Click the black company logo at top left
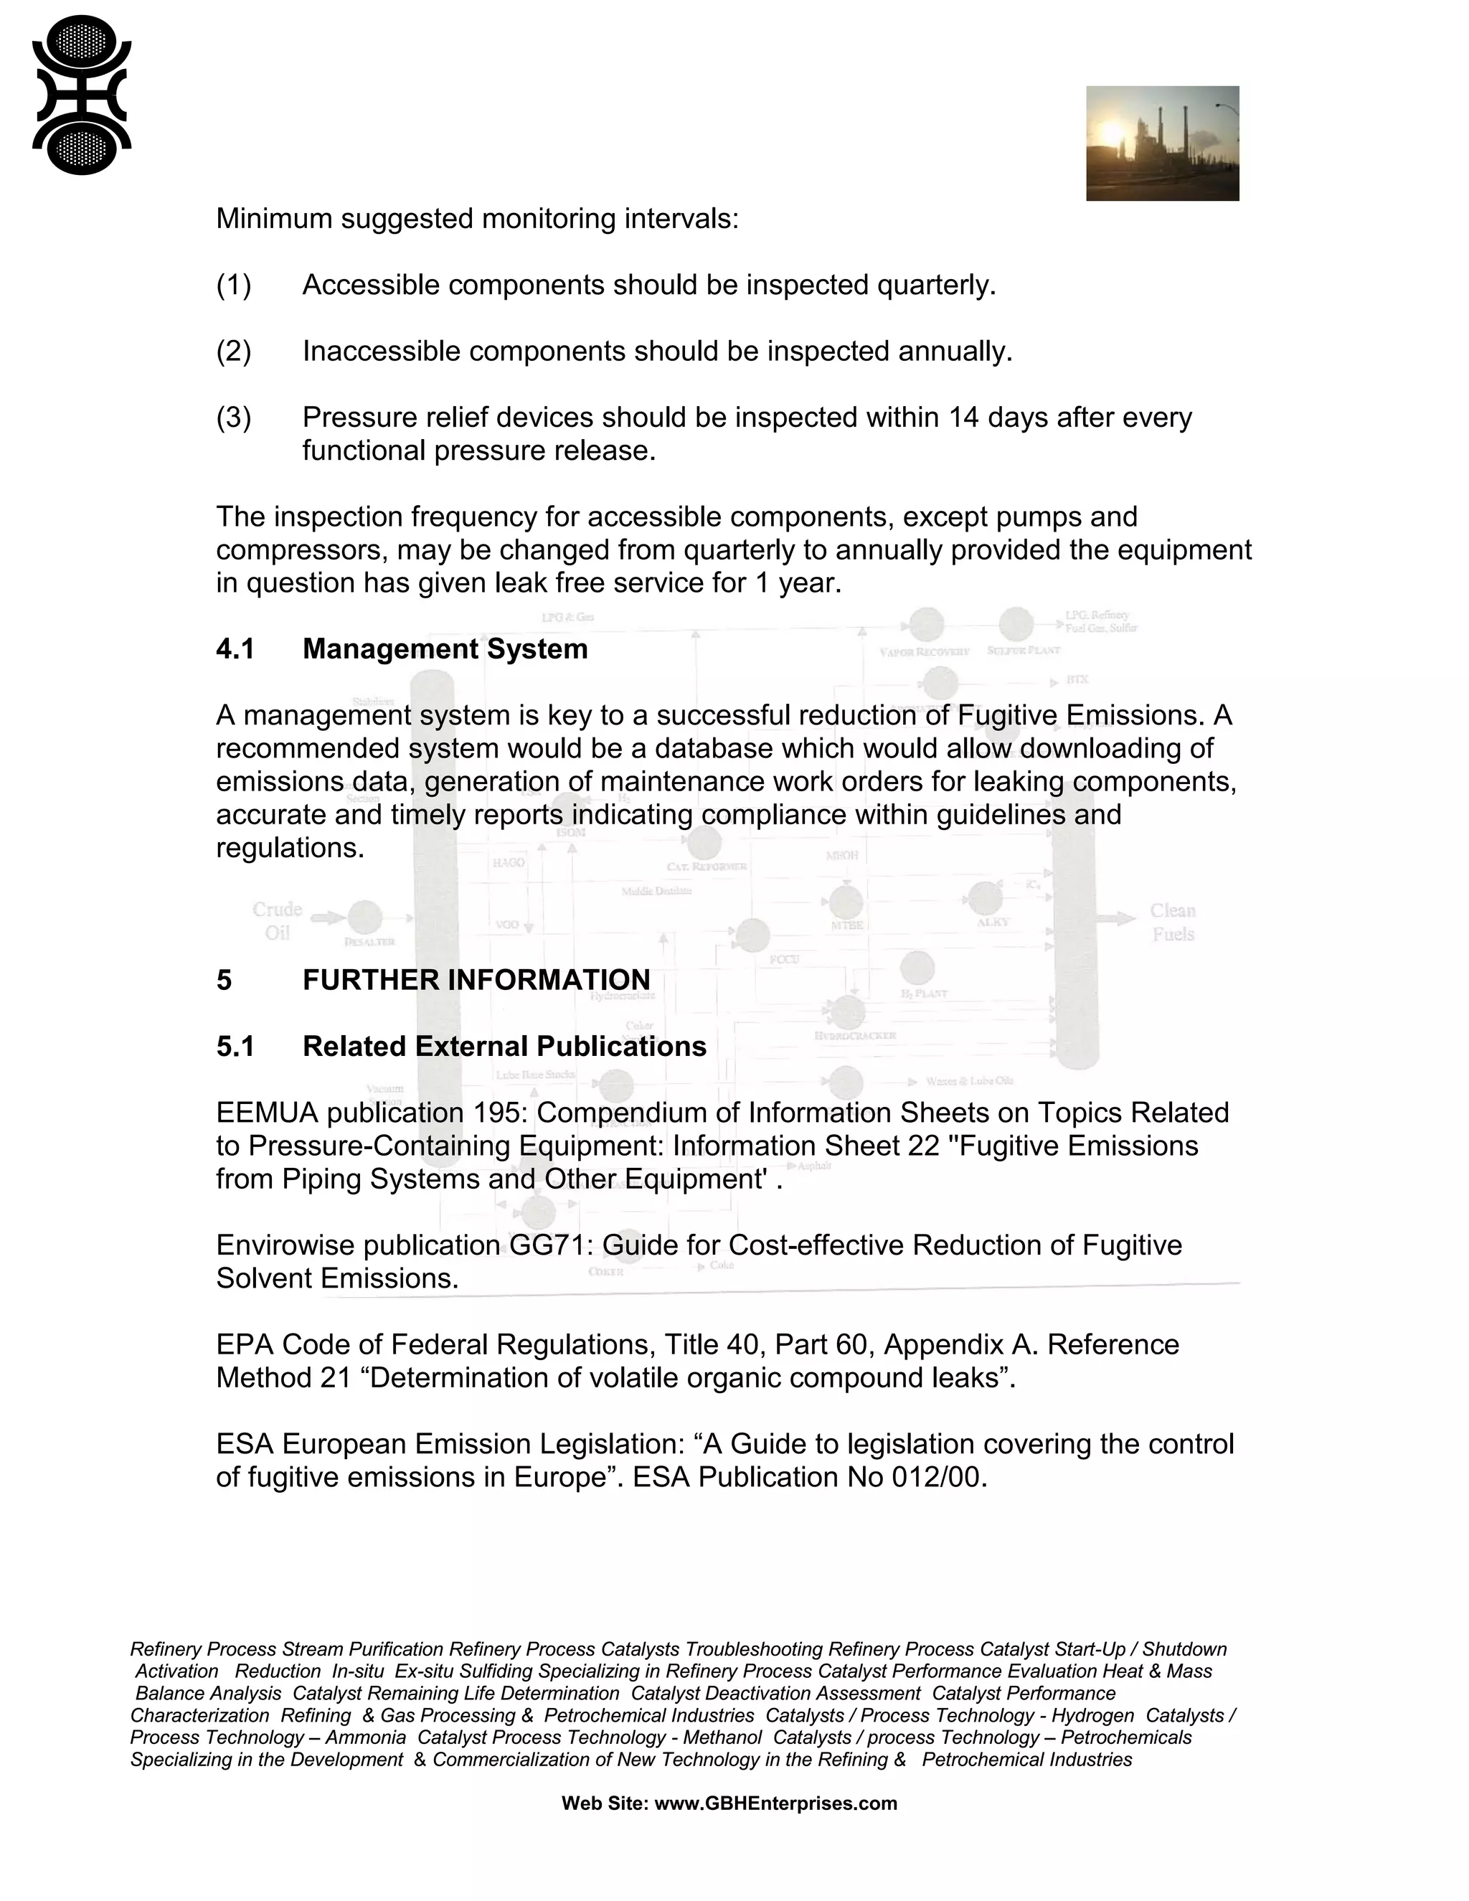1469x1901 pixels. (82, 95)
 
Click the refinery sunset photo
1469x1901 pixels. (1162, 143)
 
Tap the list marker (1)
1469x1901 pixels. (233, 286)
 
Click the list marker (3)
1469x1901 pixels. (233, 418)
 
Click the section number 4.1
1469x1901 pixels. (235, 649)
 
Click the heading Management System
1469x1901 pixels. (445, 649)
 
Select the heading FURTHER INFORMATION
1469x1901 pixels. (476, 980)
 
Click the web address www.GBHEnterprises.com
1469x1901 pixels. (775, 1803)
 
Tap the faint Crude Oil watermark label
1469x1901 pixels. (277, 921)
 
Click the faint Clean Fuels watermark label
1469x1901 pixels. (1172, 923)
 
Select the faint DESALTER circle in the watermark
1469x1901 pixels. (364, 918)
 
